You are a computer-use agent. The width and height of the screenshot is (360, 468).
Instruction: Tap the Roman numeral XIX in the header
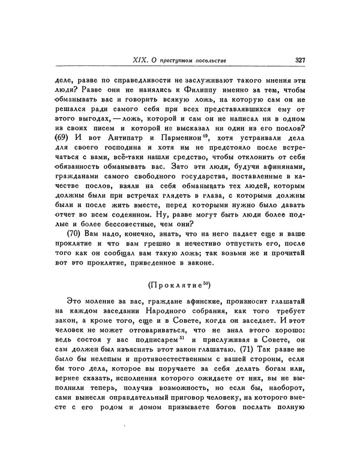tap(139, 59)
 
